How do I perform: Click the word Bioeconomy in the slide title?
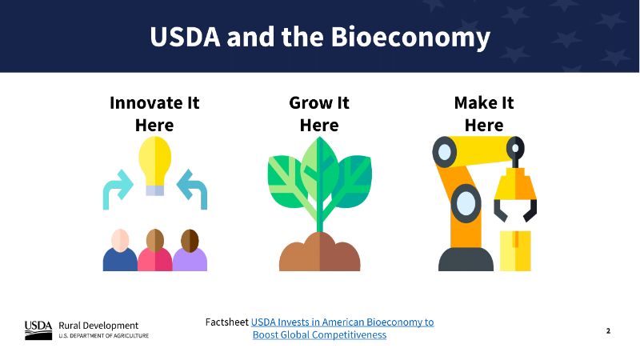[x=410, y=38]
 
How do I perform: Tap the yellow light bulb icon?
[x=154, y=166]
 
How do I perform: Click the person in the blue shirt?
[x=120, y=250]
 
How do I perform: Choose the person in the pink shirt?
[x=155, y=250]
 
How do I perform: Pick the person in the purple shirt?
[x=190, y=250]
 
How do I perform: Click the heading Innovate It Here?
[x=154, y=114]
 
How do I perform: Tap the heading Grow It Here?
[x=319, y=114]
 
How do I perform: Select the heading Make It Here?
[x=484, y=114]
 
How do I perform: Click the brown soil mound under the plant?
[x=319, y=252]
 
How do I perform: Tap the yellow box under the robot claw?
[x=515, y=250]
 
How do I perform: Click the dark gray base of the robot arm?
[x=466, y=259]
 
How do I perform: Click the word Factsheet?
[x=227, y=322]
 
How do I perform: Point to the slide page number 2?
[x=608, y=330]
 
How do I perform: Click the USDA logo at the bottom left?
[x=38, y=330]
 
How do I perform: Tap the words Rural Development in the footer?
[x=98, y=326]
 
